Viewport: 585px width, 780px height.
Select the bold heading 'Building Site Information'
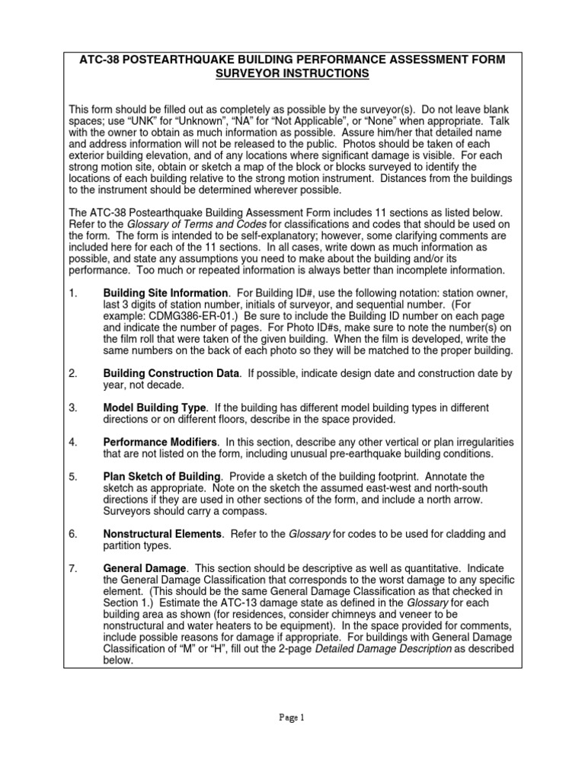click(x=165, y=292)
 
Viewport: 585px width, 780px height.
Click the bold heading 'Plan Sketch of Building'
click(x=161, y=476)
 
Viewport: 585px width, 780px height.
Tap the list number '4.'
click(x=73, y=442)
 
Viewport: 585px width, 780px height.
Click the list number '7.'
click(x=73, y=568)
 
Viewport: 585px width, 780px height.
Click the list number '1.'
click(x=73, y=292)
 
